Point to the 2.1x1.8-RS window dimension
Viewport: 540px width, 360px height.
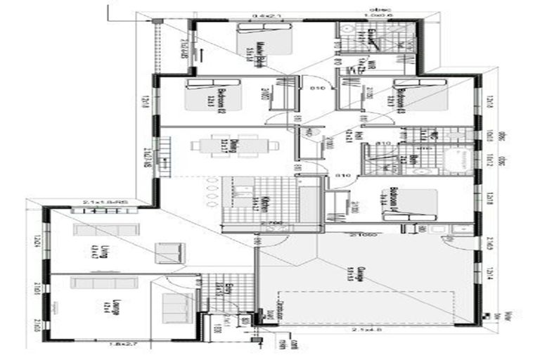[x=102, y=202]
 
